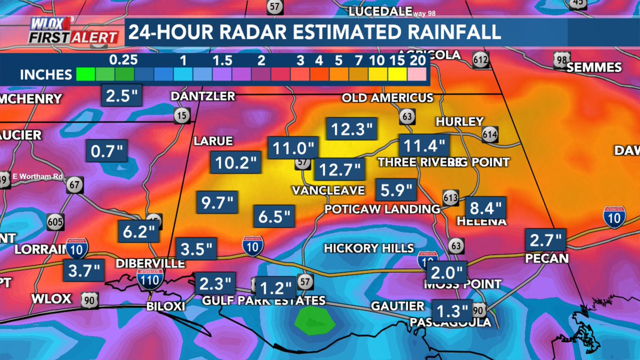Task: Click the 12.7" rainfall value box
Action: click(x=339, y=170)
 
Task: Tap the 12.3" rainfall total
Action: click(x=350, y=129)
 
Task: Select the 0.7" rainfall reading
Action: click(x=107, y=151)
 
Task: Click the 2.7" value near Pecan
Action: click(x=546, y=239)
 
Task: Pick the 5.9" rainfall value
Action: click(x=396, y=189)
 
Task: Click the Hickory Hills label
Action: click(x=369, y=248)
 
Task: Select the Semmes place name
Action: click(x=594, y=68)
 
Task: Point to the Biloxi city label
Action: click(x=166, y=307)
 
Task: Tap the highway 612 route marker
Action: click(x=481, y=60)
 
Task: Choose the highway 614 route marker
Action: click(x=490, y=134)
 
